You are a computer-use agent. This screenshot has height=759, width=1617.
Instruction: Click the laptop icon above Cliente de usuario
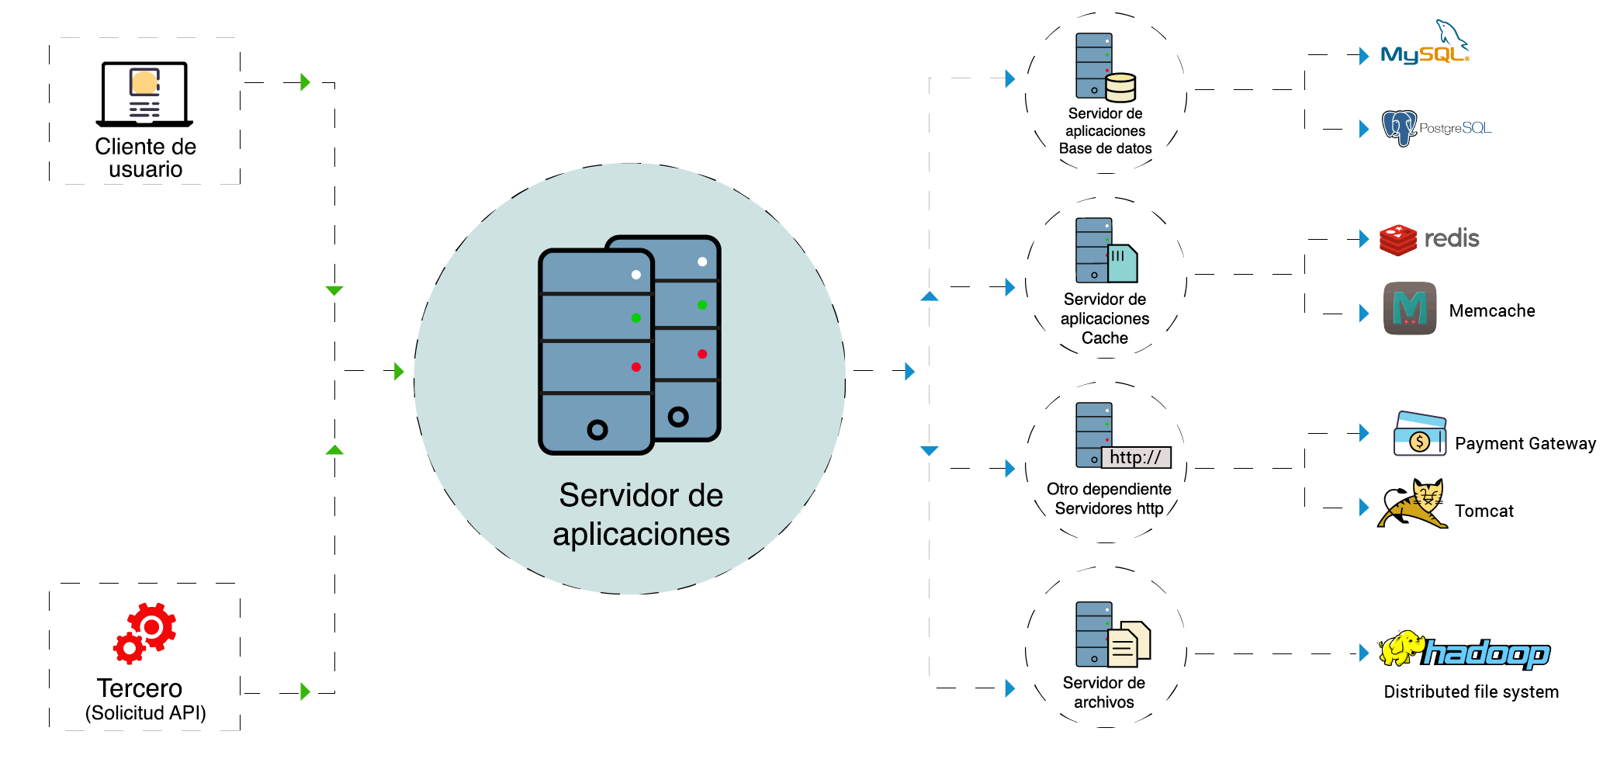coord(144,94)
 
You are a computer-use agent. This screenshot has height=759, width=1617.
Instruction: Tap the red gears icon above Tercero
coord(145,632)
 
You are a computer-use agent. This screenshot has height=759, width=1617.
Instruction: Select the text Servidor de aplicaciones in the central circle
coord(641,515)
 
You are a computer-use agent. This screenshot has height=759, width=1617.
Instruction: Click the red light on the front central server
coord(635,367)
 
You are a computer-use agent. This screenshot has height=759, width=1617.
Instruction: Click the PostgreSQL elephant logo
coord(1399,127)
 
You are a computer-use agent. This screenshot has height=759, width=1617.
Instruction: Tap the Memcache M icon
coord(1409,308)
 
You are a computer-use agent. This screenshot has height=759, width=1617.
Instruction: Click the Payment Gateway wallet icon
coord(1419,435)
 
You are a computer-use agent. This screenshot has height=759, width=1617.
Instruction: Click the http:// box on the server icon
coord(1135,457)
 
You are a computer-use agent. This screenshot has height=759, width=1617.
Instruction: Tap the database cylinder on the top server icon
coord(1120,87)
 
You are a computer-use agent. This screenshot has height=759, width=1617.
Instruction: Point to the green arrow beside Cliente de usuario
coord(305,82)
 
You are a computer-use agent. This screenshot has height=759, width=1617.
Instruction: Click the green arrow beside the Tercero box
coord(305,691)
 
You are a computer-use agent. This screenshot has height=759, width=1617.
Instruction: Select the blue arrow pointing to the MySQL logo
coord(1364,56)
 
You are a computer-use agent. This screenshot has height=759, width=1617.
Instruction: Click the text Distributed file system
coord(1471,691)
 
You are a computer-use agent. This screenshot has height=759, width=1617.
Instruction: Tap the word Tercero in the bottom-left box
coord(140,688)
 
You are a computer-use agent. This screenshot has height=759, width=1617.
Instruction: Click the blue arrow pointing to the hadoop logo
coord(1364,653)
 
